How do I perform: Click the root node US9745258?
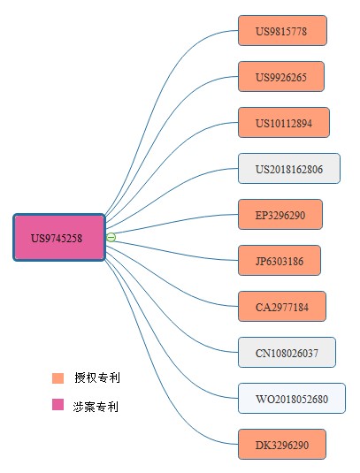(x=59, y=237)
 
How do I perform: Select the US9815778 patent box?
(x=282, y=31)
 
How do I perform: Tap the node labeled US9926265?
(x=281, y=77)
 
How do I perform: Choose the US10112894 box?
(x=283, y=123)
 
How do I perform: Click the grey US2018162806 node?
(x=288, y=169)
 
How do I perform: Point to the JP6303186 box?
(x=280, y=261)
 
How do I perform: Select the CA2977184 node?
(x=282, y=307)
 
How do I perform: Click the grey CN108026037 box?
(x=287, y=353)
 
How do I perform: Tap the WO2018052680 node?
(x=291, y=399)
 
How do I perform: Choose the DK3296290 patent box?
(x=282, y=445)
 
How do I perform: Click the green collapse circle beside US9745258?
(x=111, y=237)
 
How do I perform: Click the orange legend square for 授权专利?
(x=58, y=378)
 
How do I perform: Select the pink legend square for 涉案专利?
(x=58, y=405)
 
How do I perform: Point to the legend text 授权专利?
(x=96, y=378)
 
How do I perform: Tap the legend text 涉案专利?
(x=96, y=407)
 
